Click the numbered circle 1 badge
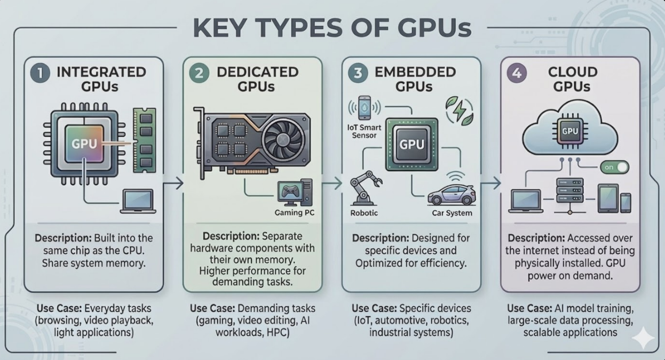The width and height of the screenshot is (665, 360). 40,73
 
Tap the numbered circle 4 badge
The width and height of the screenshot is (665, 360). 517,73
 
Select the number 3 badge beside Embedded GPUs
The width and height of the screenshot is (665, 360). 358,73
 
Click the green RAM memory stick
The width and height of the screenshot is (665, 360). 145,140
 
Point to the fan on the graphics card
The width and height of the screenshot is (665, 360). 283,139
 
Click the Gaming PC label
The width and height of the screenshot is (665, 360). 294,213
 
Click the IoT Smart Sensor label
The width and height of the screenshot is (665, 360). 364,132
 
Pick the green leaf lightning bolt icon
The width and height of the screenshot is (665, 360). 460,111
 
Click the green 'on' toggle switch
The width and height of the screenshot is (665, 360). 614,167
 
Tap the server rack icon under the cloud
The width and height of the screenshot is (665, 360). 569,190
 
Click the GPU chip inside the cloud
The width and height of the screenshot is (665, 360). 569,131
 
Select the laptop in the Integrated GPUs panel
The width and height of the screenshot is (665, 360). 138,202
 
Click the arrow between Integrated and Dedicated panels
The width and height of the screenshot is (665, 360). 173,183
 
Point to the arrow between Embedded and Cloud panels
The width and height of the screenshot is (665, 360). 491,183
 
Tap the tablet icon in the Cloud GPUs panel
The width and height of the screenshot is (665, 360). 608,198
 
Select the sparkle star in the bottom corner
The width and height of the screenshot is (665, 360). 643,338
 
